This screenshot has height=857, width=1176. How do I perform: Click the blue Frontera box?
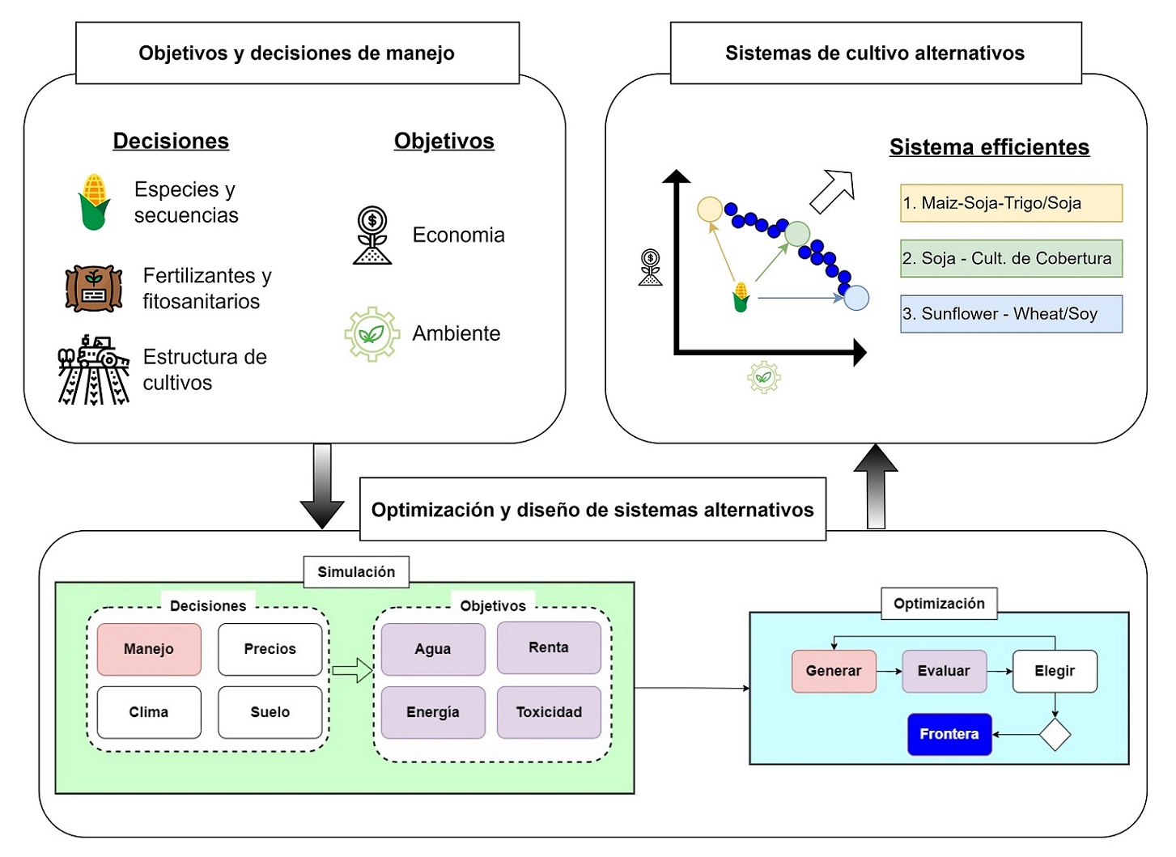coord(949,734)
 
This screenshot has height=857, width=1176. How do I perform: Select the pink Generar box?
coord(834,671)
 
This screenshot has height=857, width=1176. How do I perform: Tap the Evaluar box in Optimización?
coord(944,671)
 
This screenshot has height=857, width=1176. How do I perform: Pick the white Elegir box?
coord(1055,671)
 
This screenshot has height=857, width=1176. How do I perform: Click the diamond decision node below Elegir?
coord(1055,735)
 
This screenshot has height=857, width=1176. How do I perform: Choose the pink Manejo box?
coord(149,649)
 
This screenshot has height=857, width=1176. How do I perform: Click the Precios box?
coord(270,649)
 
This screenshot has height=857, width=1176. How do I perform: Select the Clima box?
coord(149,712)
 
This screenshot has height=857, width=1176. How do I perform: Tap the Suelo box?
coord(270,712)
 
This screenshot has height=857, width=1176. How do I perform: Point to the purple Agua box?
coord(433,649)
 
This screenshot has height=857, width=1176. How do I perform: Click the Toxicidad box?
coord(549,712)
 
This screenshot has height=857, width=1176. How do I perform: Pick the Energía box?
coord(433,712)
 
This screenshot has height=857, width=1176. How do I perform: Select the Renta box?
coord(549,647)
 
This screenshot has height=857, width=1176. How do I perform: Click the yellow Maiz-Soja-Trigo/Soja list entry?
coord(1011,203)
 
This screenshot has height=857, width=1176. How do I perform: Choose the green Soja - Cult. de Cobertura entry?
coord(1011,258)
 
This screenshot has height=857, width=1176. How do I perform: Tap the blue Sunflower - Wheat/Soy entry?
coord(1011,314)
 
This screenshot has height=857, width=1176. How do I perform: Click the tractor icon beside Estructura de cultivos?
coord(94,370)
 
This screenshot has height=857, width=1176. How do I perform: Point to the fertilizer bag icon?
coord(94,288)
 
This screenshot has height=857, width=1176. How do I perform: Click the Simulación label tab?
coord(356,572)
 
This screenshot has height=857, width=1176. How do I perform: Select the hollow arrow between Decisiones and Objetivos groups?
coord(352,670)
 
